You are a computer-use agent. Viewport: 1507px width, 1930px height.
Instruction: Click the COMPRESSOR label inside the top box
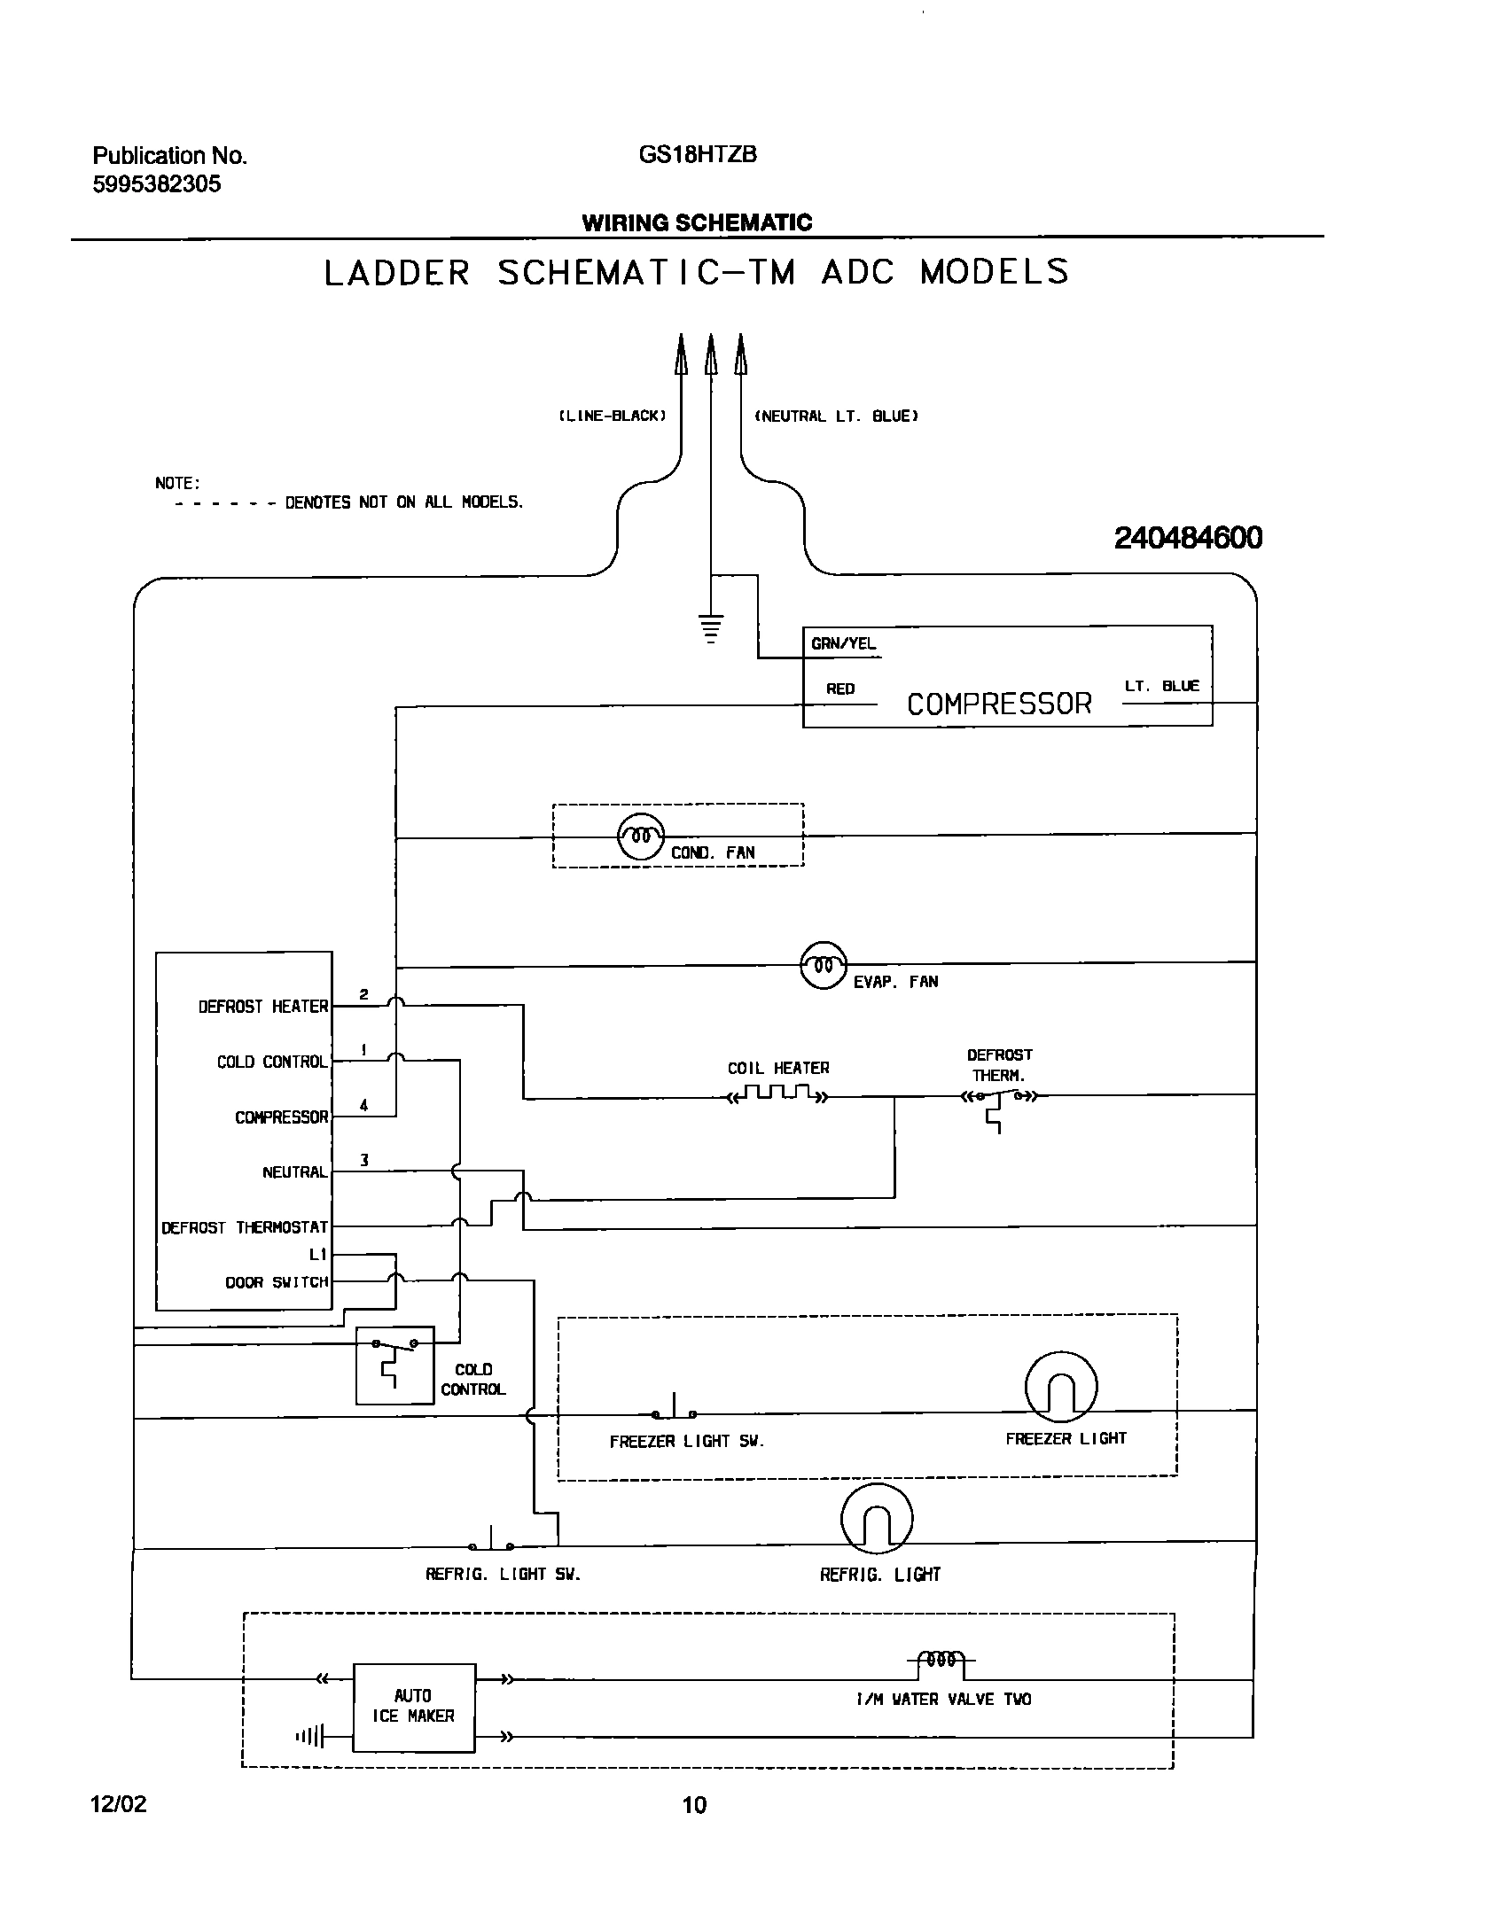click(999, 704)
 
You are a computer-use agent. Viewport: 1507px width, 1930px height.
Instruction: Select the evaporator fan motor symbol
click(824, 964)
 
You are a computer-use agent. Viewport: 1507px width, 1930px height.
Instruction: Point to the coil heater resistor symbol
click(778, 1095)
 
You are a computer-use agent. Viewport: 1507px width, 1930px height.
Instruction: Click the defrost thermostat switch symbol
click(999, 1099)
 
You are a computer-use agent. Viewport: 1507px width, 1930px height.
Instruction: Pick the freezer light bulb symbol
click(1061, 1388)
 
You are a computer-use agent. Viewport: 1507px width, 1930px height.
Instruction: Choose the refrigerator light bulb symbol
click(877, 1519)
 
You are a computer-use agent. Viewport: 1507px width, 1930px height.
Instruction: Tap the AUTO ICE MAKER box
click(414, 1707)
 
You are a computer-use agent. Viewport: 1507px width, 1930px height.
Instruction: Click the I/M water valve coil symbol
click(941, 1660)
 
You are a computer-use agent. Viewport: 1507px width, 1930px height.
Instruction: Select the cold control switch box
click(394, 1365)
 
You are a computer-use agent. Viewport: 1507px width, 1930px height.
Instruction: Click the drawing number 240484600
click(1188, 538)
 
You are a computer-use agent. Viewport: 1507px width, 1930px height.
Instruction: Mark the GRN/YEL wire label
click(843, 644)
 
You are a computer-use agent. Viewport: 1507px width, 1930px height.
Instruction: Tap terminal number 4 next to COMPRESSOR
click(364, 1105)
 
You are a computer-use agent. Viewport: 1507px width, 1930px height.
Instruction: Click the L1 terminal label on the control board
click(318, 1255)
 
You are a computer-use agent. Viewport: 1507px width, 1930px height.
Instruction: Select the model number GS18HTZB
click(698, 155)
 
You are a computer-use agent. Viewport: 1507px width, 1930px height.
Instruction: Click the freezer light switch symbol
click(674, 1412)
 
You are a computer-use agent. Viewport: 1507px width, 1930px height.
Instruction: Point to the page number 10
click(694, 1805)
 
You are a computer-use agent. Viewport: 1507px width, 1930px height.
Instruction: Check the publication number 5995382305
click(157, 184)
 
